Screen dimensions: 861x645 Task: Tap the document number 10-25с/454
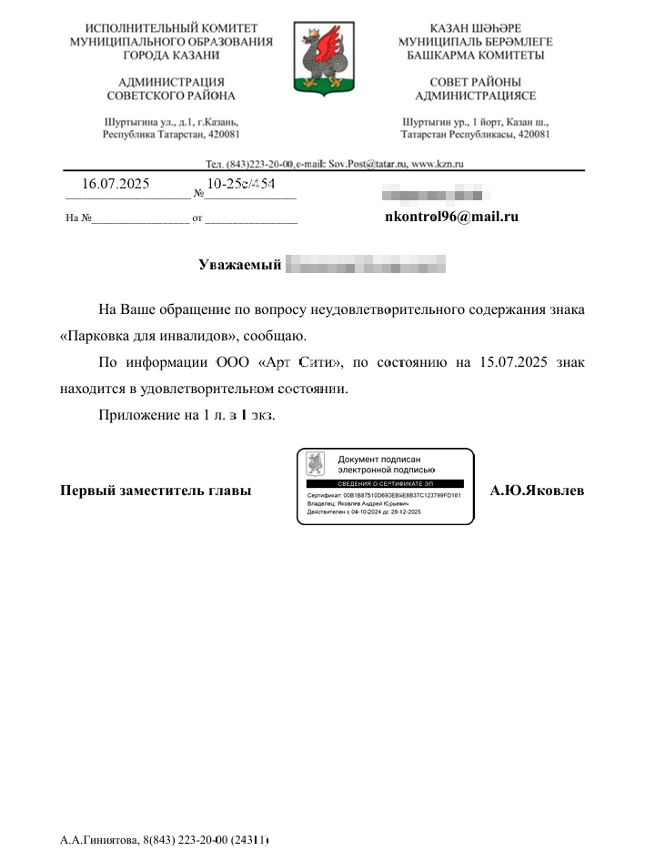(x=241, y=184)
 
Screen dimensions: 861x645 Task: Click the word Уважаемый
(x=237, y=265)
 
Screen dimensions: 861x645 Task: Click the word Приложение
(x=139, y=414)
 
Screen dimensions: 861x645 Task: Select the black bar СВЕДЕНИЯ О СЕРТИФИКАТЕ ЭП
(x=385, y=483)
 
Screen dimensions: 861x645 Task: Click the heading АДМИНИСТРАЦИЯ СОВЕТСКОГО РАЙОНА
(x=171, y=88)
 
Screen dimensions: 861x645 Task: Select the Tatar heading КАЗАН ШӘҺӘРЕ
(x=475, y=28)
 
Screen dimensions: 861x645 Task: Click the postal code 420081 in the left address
(x=223, y=134)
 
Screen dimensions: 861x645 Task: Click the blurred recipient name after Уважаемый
(x=366, y=265)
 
